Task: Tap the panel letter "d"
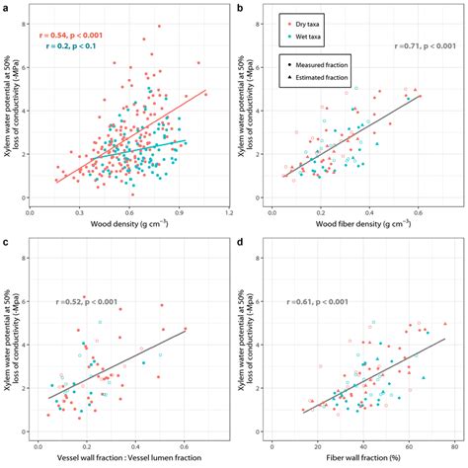tap(245, 243)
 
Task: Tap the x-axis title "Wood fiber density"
tap(361, 224)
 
